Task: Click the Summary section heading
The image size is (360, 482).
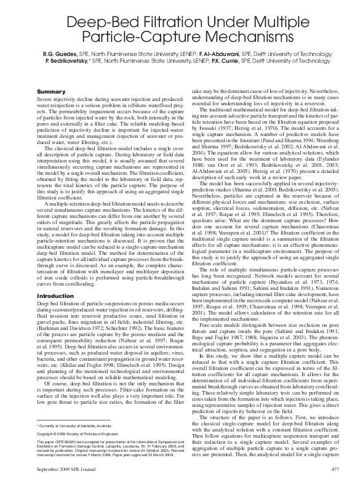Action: coord(50,91)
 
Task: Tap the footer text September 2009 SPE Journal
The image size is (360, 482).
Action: coord(71,469)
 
